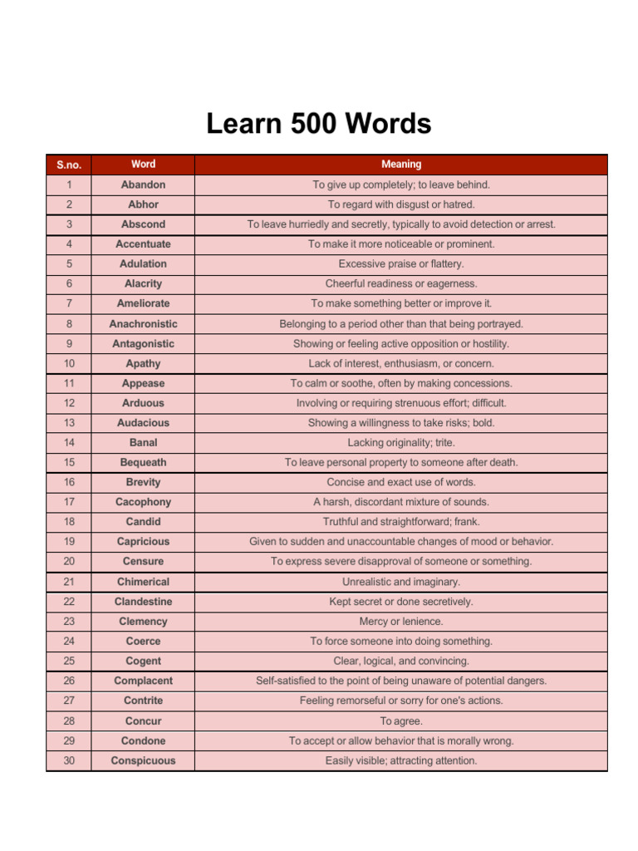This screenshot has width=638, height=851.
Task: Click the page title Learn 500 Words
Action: (x=319, y=124)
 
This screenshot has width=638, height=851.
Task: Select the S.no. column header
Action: (x=69, y=165)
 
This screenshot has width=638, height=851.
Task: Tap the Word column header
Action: (x=143, y=164)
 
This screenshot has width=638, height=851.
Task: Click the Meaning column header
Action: (x=401, y=165)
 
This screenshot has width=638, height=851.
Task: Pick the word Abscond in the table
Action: (x=143, y=224)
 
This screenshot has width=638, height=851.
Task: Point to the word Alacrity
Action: (x=143, y=283)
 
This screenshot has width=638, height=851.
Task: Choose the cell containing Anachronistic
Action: (x=143, y=323)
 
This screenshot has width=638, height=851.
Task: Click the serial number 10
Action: (x=69, y=363)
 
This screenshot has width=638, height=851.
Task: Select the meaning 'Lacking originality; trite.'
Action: (x=401, y=443)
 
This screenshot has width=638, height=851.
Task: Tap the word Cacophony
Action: (x=143, y=502)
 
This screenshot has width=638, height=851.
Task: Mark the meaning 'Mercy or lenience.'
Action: (x=401, y=622)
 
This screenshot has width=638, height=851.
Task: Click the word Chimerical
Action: (x=143, y=582)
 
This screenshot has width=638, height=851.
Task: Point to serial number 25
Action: (x=69, y=661)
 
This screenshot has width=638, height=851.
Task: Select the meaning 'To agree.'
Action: (x=401, y=721)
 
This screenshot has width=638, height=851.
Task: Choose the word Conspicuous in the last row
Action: (x=143, y=760)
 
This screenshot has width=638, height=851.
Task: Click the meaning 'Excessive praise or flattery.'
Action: (x=401, y=263)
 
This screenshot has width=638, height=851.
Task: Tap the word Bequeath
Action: (x=143, y=462)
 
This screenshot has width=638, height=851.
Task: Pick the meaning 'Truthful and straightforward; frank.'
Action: (x=401, y=522)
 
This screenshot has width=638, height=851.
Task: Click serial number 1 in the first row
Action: (x=69, y=184)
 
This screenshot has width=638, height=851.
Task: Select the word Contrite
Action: (x=143, y=701)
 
